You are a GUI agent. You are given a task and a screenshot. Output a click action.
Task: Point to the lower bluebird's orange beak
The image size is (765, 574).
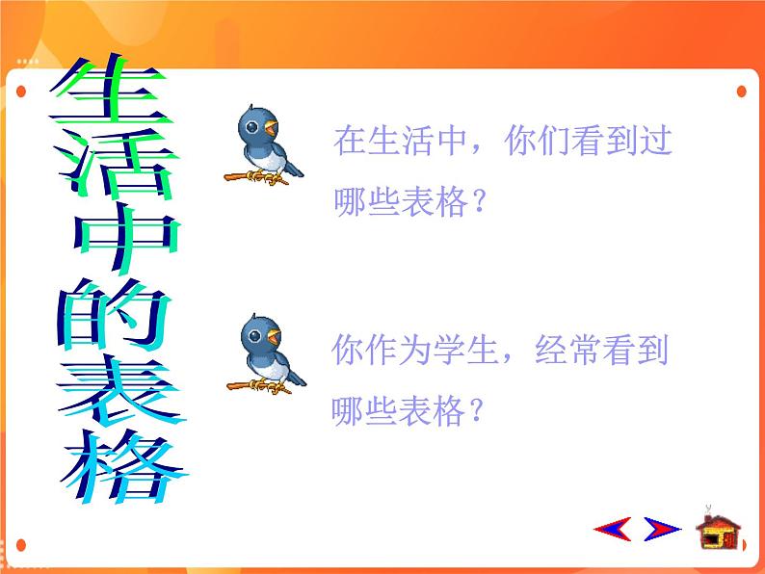(274, 336)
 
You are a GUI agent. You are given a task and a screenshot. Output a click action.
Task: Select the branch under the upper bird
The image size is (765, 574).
(255, 178)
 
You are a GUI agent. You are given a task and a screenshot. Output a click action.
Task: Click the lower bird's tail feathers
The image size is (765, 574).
(296, 377)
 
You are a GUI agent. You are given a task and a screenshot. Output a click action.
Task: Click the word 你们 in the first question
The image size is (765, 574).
(537, 141)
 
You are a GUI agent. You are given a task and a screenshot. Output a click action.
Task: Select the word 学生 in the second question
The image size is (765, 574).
(466, 350)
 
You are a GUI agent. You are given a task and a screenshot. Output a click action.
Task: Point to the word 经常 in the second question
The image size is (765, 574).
(567, 350)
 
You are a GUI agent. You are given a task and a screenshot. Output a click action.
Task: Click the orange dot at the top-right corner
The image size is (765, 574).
(742, 91)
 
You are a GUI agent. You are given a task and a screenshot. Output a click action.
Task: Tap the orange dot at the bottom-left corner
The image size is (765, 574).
(21, 545)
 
